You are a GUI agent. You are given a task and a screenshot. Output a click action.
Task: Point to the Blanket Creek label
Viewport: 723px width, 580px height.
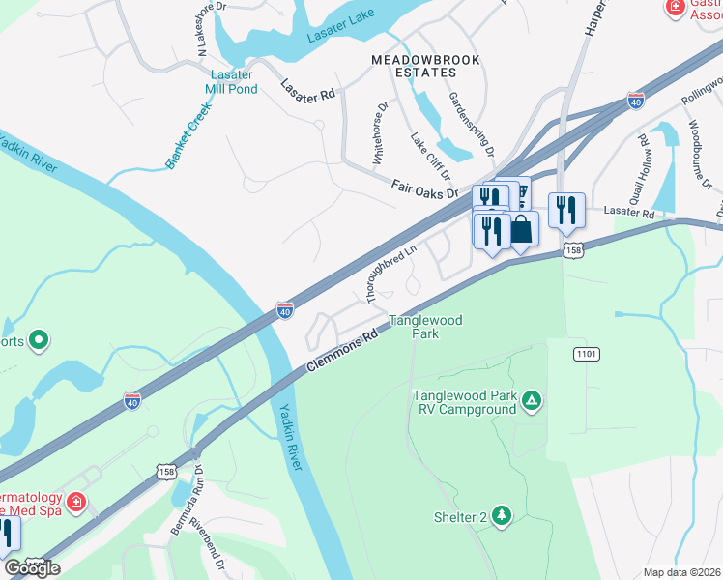point(187,139)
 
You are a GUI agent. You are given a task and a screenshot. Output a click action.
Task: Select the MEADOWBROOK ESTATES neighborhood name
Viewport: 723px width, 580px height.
point(413,66)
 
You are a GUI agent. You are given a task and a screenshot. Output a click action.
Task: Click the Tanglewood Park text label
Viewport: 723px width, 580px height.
point(425,327)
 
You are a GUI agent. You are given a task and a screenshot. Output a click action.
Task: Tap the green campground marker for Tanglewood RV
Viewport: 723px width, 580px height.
point(531,400)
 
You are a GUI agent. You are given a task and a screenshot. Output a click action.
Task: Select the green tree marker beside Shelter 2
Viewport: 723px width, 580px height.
point(501,516)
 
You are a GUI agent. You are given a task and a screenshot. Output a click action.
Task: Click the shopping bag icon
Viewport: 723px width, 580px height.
point(521,230)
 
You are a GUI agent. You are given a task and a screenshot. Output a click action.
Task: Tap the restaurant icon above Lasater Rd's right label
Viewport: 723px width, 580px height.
point(566,210)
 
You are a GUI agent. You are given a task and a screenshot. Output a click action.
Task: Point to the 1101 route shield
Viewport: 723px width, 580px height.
point(586,355)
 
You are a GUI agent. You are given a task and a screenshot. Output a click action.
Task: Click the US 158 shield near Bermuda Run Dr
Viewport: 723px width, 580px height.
point(165,470)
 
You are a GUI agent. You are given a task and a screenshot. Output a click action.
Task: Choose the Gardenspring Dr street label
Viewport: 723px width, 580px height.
point(471,126)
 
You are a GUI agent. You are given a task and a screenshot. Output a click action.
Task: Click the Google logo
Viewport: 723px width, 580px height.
point(33,568)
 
